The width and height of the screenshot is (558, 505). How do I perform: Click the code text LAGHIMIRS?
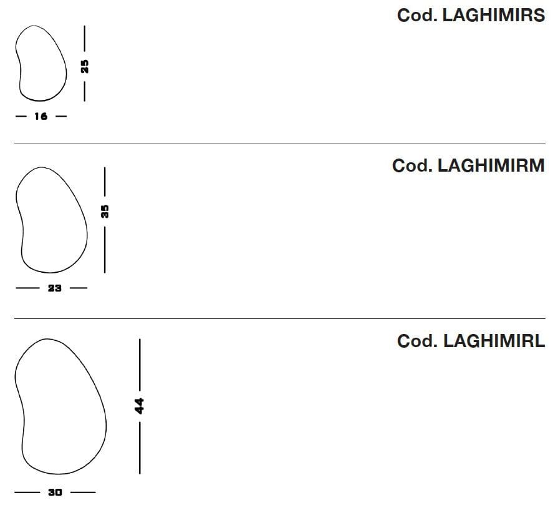494,16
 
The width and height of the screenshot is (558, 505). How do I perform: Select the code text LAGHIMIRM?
491,165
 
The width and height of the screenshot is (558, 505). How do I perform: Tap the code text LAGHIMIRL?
494,341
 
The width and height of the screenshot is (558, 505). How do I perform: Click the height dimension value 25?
85,67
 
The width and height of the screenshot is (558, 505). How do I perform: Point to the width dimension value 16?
41,116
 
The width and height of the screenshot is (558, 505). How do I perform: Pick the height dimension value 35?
105,212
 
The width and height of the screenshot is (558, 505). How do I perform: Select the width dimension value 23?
55,288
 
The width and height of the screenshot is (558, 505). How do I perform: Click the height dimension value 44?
139,406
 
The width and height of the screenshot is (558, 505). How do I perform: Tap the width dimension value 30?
55,492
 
